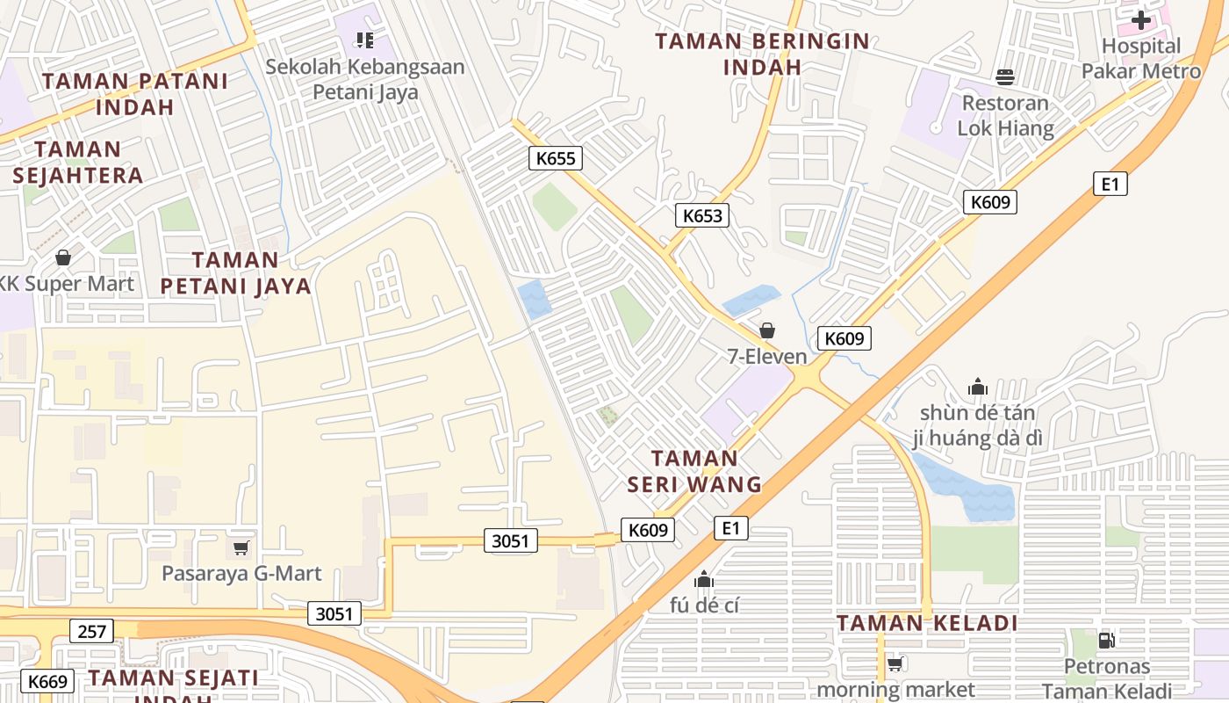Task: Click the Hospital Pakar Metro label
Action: click(1141, 59)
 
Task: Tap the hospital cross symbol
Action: click(1140, 19)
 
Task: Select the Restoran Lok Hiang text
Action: click(1005, 115)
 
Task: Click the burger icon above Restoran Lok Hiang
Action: click(1005, 77)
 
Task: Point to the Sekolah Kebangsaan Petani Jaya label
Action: click(365, 79)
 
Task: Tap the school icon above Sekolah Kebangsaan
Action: click(365, 40)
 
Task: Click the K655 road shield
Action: click(556, 158)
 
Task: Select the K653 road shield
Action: click(702, 215)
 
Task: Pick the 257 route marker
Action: click(91, 631)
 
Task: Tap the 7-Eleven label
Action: click(767, 356)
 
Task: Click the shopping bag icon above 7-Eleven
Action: click(767, 330)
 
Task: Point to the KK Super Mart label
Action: click(67, 283)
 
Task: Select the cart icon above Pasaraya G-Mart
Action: click(241, 547)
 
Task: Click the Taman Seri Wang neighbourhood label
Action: click(694, 471)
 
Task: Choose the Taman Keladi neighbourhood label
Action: click(926, 624)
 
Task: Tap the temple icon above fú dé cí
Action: click(703, 579)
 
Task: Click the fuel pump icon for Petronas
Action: click(1106, 641)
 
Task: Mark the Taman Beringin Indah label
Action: click(762, 54)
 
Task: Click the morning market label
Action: click(895, 690)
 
